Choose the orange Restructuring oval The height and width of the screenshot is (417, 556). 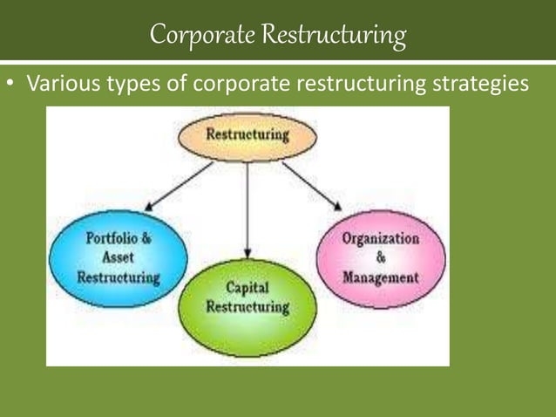click(x=247, y=137)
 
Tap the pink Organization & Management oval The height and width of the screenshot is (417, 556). click(x=381, y=258)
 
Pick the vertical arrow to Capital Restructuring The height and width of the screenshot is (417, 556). click(x=247, y=209)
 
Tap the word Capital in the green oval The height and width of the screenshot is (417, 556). click(x=247, y=287)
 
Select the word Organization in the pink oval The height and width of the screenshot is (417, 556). click(x=381, y=238)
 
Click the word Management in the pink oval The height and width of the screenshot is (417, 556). click(x=381, y=278)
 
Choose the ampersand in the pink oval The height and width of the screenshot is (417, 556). click(x=381, y=258)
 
